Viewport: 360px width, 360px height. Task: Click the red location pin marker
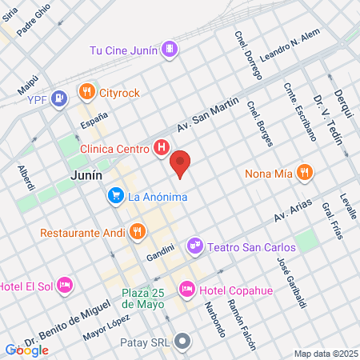click(181, 163)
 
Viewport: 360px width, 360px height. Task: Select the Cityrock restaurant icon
click(86, 93)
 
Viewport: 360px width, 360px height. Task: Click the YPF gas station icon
click(58, 99)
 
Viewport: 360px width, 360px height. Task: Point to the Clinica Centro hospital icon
click(161, 147)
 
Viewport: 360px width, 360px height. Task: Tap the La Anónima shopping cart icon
click(116, 195)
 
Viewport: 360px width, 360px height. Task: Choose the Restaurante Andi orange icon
click(137, 233)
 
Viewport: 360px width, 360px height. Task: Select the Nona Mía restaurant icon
click(303, 172)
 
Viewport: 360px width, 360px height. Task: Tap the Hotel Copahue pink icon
click(186, 287)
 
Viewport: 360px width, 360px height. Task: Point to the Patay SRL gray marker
click(183, 343)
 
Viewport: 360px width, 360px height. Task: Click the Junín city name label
click(83, 175)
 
